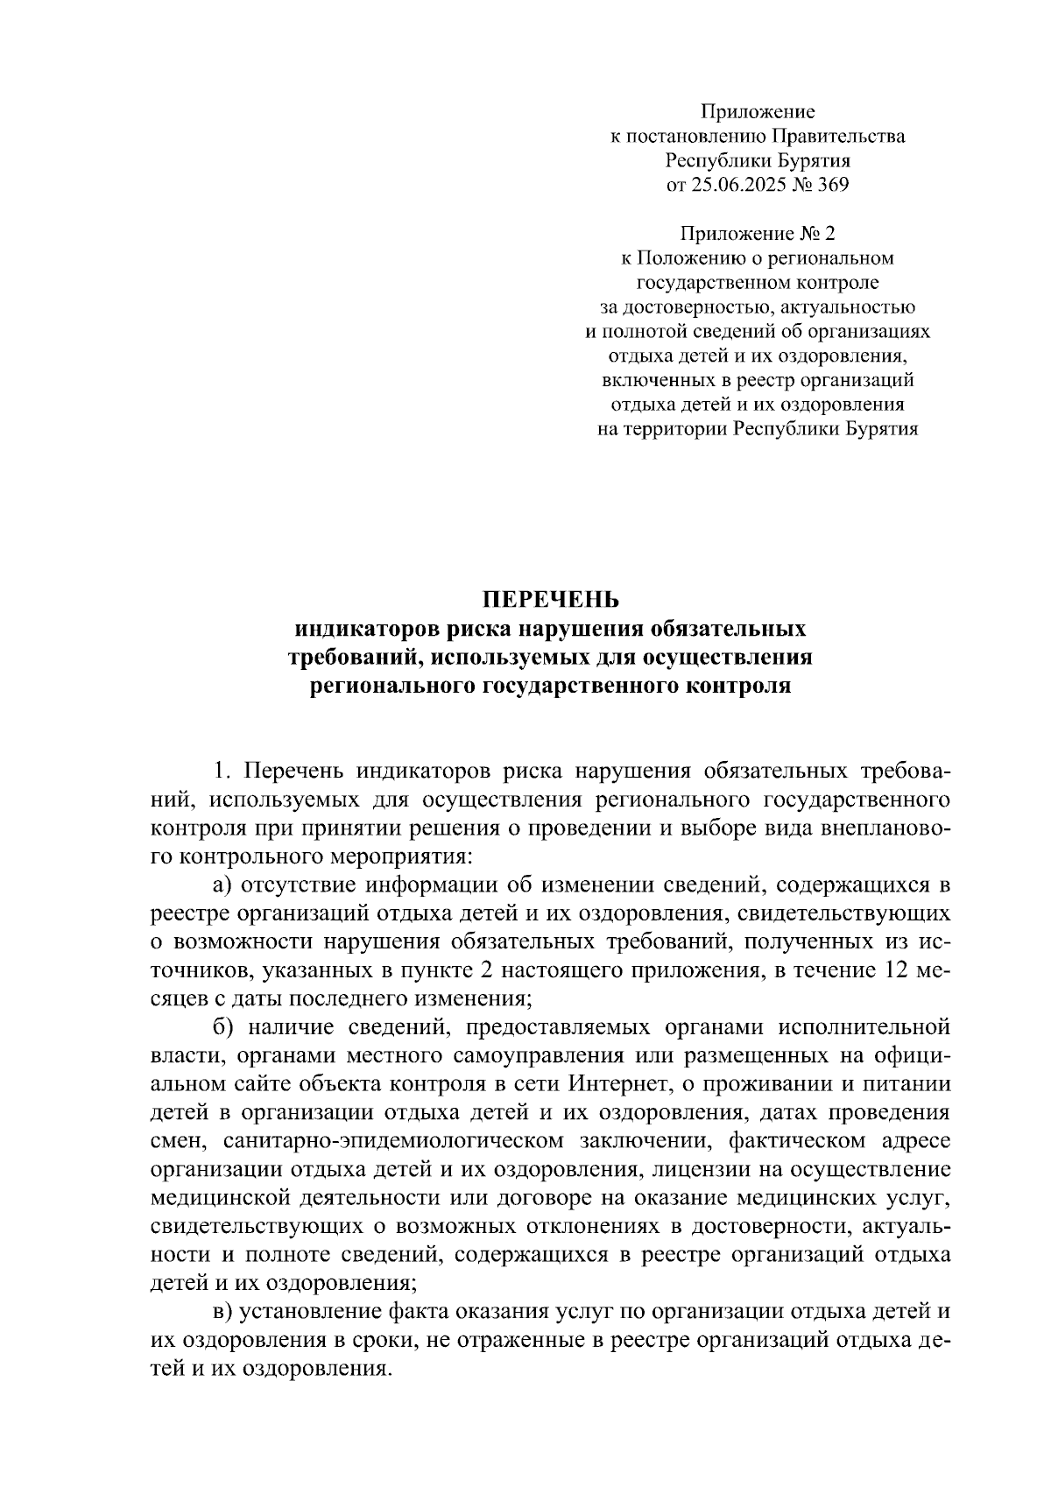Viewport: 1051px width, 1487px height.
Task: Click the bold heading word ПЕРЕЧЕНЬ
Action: [x=551, y=600]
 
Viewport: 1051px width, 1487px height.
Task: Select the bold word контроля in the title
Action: [x=740, y=686]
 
